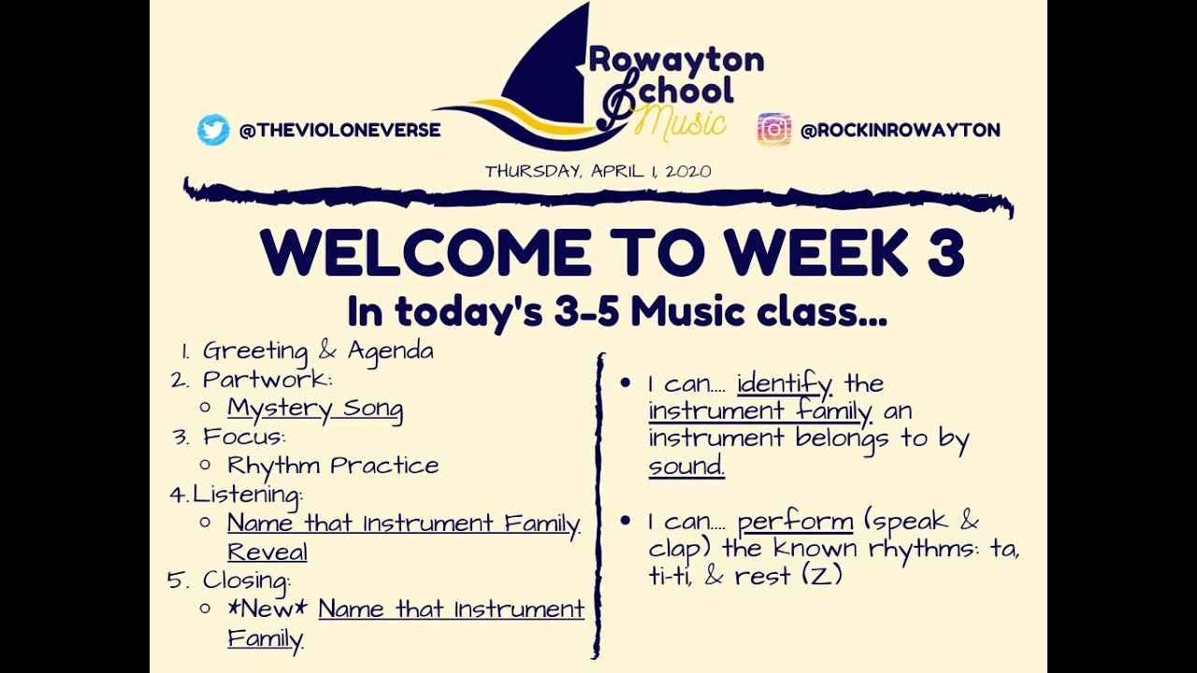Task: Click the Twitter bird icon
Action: point(213,130)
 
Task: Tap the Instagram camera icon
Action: point(774,130)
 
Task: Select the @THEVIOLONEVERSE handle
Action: point(339,131)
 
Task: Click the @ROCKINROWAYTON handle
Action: point(900,131)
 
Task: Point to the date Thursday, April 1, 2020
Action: point(598,171)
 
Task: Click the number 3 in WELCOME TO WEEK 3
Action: point(945,253)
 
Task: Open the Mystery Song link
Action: point(315,408)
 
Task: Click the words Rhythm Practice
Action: point(333,465)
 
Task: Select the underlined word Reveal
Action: point(267,551)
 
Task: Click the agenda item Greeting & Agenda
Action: point(318,351)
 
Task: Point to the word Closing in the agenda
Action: point(246,580)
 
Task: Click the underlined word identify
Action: point(784,383)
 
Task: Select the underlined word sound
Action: point(686,466)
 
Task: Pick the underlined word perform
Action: point(795,522)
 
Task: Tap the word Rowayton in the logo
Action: point(676,61)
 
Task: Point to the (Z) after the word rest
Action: point(823,576)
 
